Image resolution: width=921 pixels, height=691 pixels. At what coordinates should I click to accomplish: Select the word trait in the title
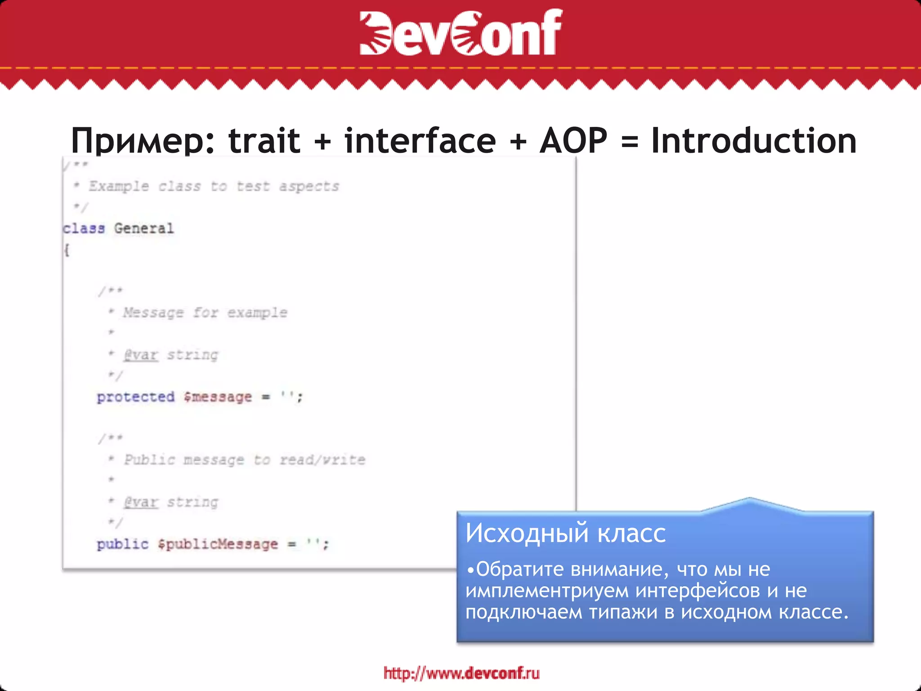(264, 141)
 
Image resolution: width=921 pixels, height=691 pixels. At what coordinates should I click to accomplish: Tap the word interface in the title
(420, 141)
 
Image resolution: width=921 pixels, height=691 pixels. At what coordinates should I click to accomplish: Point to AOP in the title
(573, 141)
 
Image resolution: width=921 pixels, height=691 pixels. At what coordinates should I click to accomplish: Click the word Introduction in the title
(754, 141)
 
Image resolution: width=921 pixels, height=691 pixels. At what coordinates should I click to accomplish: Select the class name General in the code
(143, 229)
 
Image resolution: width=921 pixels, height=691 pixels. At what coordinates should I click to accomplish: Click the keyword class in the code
(84, 229)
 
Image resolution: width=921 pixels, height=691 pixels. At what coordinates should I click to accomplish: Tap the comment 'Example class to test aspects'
(214, 186)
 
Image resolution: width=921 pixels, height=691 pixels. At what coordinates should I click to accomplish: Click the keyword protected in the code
(135, 397)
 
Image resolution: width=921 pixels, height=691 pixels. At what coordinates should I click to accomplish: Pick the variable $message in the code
(218, 397)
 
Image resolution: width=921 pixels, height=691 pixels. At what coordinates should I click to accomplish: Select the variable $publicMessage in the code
(218, 544)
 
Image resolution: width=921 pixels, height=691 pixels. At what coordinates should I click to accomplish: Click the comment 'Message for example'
(205, 312)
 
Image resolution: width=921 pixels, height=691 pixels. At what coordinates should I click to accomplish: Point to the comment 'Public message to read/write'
(245, 460)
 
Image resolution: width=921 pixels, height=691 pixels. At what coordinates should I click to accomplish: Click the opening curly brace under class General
(67, 250)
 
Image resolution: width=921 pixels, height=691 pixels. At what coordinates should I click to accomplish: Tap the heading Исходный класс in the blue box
(565, 534)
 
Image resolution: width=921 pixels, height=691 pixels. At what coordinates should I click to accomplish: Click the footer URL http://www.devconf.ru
(461, 673)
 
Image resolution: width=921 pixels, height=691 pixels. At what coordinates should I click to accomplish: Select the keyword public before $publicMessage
(122, 544)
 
